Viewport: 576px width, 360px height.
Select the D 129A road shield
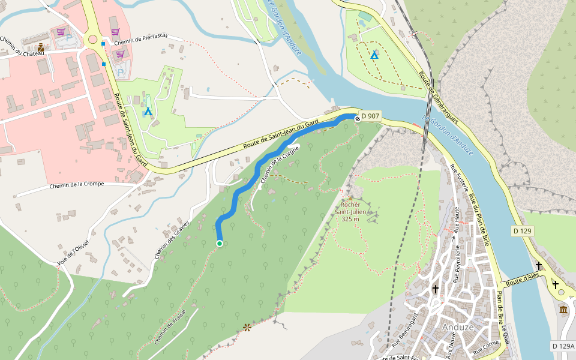point(563,346)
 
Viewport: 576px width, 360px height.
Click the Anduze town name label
point(458,328)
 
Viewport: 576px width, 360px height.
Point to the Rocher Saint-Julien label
point(350,208)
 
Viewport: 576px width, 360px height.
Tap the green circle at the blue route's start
point(220,243)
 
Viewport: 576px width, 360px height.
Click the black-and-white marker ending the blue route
point(358,119)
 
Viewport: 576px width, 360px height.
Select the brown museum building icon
point(563,309)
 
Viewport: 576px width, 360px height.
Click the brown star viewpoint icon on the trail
point(247,327)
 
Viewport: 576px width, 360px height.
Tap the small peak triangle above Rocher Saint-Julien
point(350,197)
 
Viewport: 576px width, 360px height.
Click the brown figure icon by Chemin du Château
point(40,47)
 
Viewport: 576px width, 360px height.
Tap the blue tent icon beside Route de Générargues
point(374,55)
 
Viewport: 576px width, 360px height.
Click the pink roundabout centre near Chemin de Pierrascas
point(93,40)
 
